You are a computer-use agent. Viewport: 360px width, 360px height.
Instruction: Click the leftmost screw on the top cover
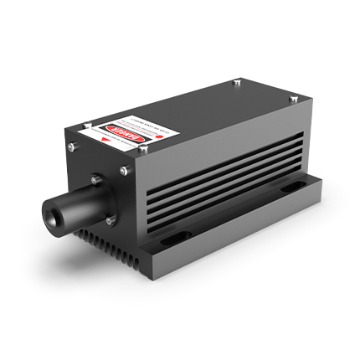click(x=70, y=147)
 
